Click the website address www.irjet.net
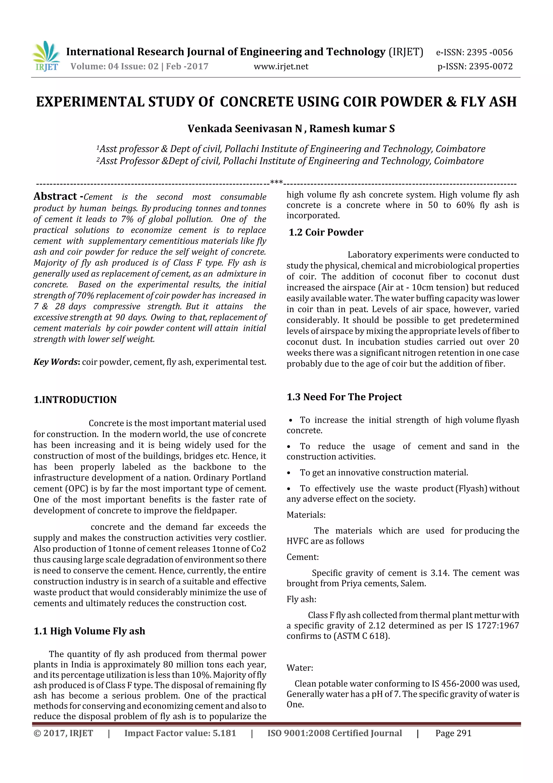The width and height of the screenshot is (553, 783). click(281, 66)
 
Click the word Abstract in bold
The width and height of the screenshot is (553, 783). click(55, 196)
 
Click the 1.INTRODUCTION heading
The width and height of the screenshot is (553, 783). click(75, 400)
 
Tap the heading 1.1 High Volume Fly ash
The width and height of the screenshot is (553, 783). click(89, 631)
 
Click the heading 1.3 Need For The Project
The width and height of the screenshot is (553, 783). click(344, 397)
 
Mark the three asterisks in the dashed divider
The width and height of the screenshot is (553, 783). click(276, 182)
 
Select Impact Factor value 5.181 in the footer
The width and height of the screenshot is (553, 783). click(180, 733)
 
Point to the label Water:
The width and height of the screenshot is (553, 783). click(299, 668)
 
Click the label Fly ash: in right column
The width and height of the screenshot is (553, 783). click(301, 599)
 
